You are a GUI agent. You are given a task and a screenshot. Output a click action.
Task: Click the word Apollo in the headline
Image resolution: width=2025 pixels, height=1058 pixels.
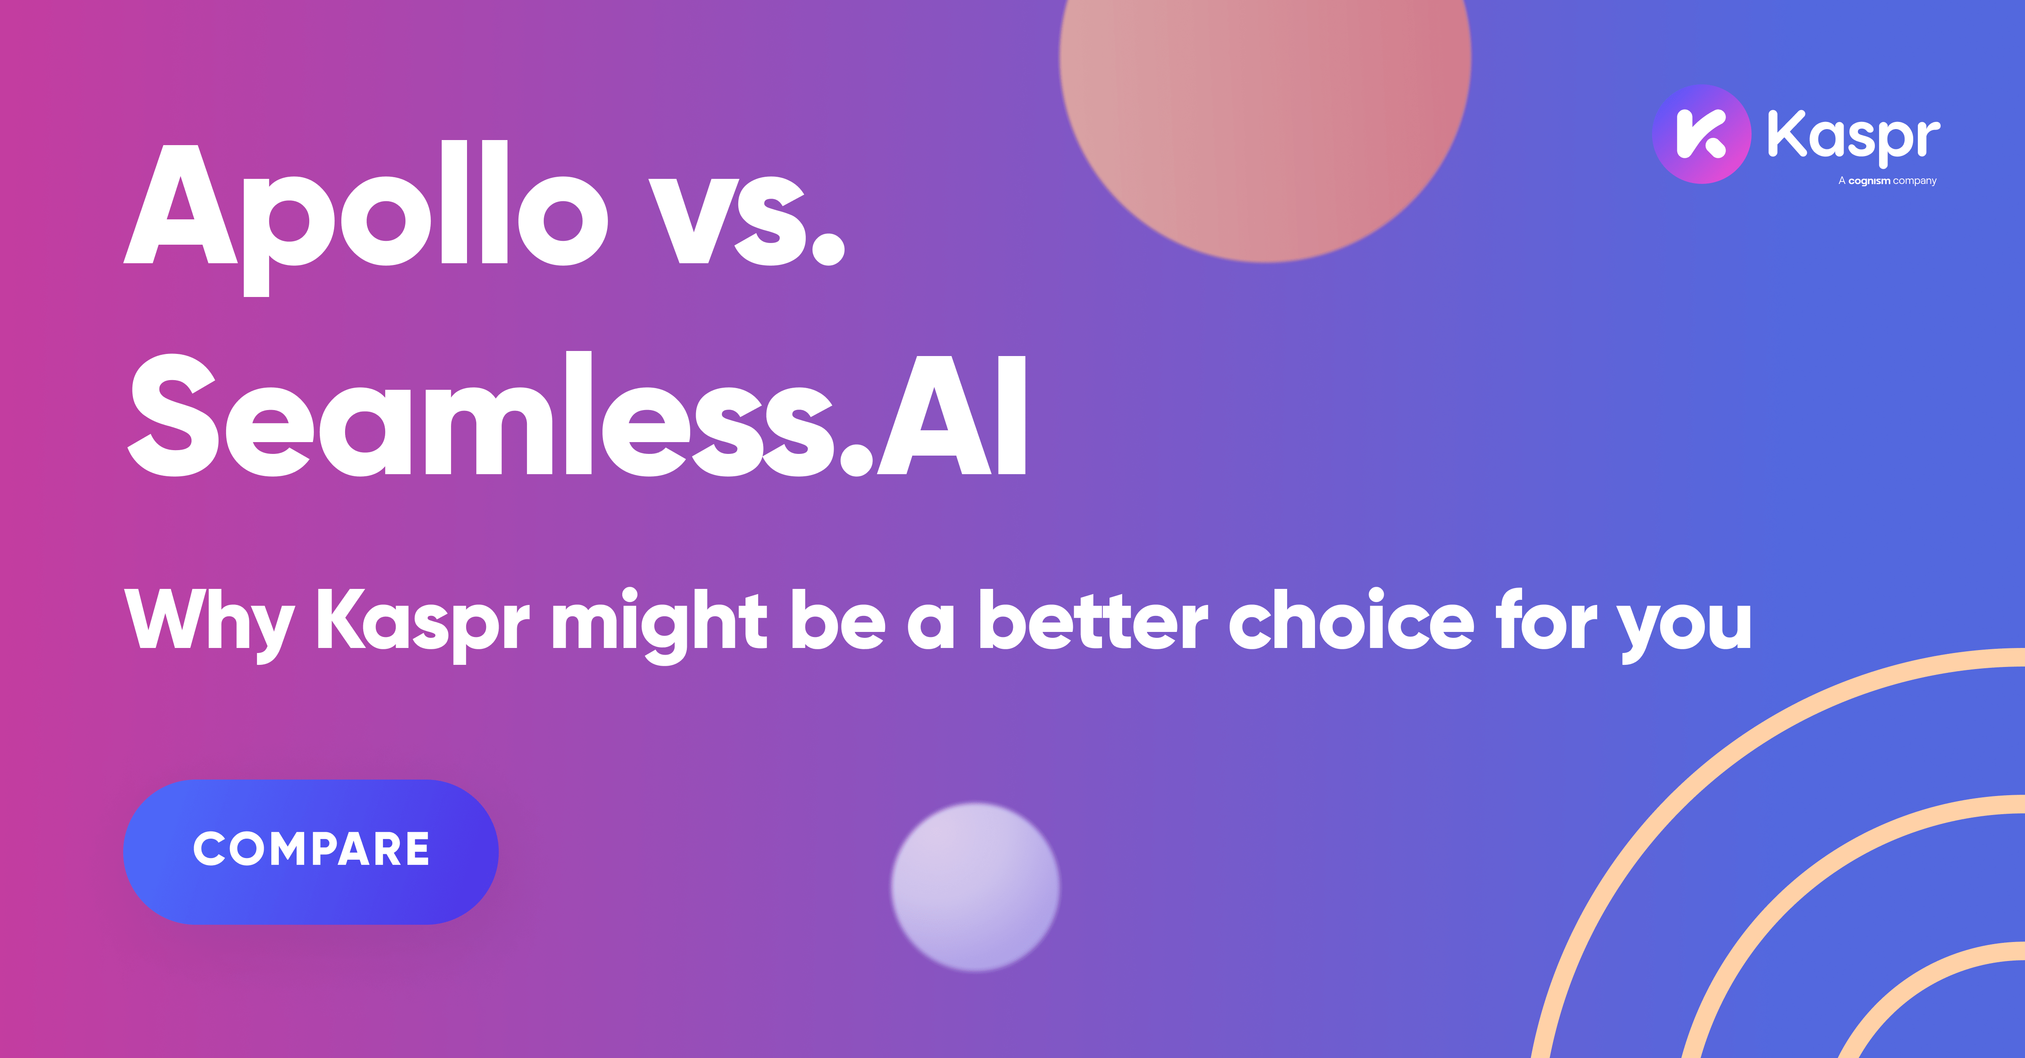[x=365, y=208]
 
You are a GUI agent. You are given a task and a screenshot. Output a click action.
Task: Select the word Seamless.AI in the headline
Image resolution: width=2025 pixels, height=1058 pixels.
[x=578, y=417]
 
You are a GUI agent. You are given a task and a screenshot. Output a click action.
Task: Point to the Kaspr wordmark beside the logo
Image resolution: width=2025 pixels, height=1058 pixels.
[x=1853, y=135]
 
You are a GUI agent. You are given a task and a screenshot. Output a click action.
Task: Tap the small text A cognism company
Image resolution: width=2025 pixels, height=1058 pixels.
[x=1887, y=181]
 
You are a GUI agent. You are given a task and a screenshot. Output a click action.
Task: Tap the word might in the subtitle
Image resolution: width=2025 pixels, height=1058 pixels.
[x=659, y=621]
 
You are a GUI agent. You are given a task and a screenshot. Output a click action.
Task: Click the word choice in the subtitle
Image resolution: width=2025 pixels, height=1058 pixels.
[x=1350, y=621]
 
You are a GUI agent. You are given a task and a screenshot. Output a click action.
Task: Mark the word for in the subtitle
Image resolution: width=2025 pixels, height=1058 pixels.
[x=1544, y=621]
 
